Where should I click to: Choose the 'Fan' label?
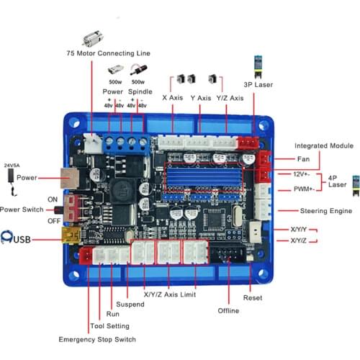pyautogui.click(x=303, y=158)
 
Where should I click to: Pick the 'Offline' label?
pyautogui.click(x=228, y=310)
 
